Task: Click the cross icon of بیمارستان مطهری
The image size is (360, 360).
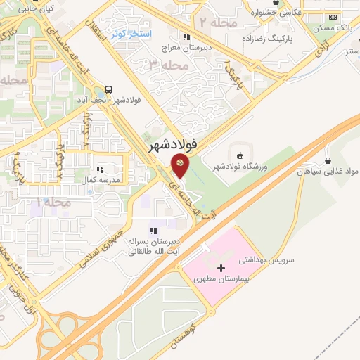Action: [221, 268]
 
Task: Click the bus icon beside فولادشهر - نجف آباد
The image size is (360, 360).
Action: [109, 89]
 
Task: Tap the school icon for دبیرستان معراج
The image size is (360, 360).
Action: [186, 36]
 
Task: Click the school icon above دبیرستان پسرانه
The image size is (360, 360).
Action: [153, 231]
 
